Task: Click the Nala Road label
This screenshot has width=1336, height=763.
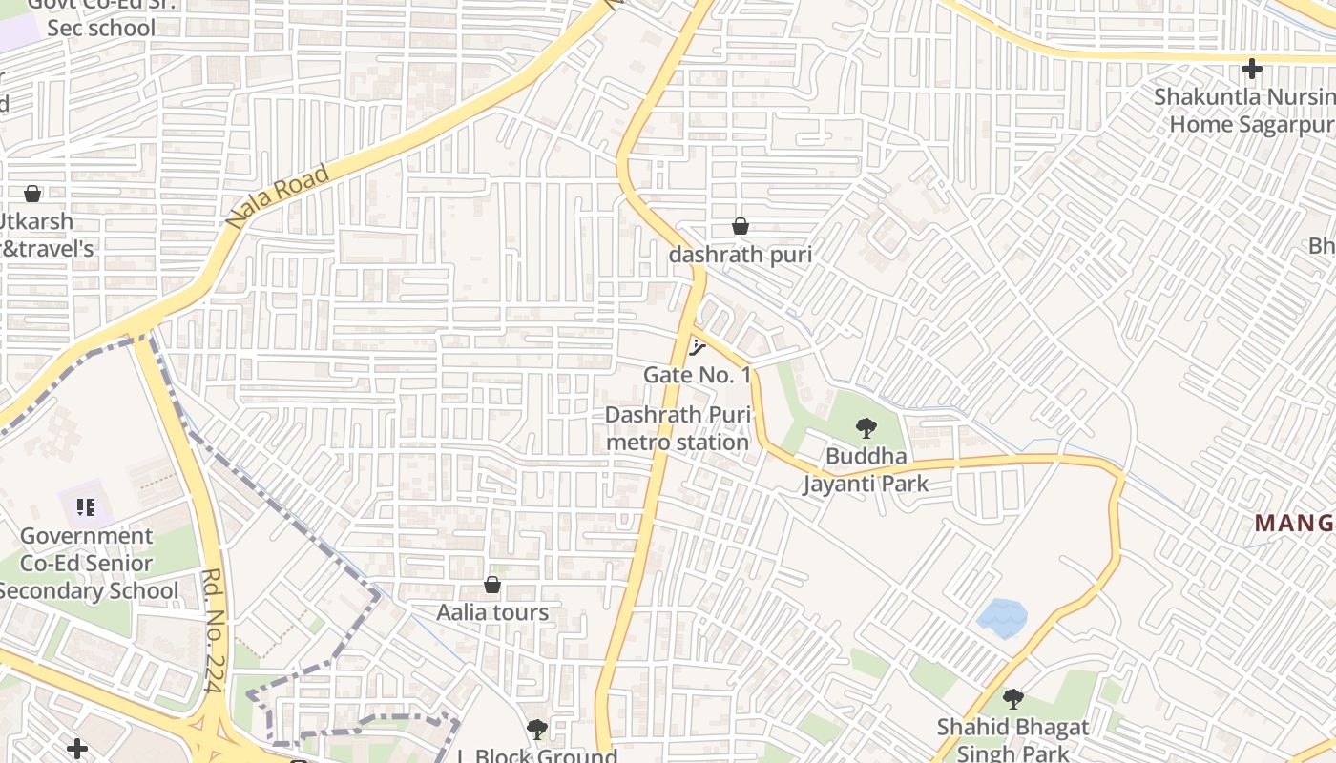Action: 278,196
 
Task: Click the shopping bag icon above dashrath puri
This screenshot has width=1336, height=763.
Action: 740,226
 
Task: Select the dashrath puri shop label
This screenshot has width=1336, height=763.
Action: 740,255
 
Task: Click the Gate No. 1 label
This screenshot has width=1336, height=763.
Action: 697,375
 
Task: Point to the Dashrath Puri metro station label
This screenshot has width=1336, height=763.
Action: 678,428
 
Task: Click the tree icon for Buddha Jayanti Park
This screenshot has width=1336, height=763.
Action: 866,427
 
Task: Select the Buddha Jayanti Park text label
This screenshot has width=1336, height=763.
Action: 865,470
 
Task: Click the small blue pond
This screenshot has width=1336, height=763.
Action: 1002,617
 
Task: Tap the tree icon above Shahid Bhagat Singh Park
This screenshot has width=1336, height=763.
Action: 1012,699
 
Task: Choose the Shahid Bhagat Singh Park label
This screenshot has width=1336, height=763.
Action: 1012,739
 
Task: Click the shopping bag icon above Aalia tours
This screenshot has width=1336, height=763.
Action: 492,584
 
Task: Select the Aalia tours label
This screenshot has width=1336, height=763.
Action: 492,612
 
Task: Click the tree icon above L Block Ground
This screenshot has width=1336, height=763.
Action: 537,730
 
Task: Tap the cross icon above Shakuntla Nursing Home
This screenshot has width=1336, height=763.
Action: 1251,69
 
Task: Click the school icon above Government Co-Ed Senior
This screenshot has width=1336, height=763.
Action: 87,506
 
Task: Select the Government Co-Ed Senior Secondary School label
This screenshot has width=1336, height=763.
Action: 87,564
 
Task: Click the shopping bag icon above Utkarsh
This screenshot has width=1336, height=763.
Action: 32,194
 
